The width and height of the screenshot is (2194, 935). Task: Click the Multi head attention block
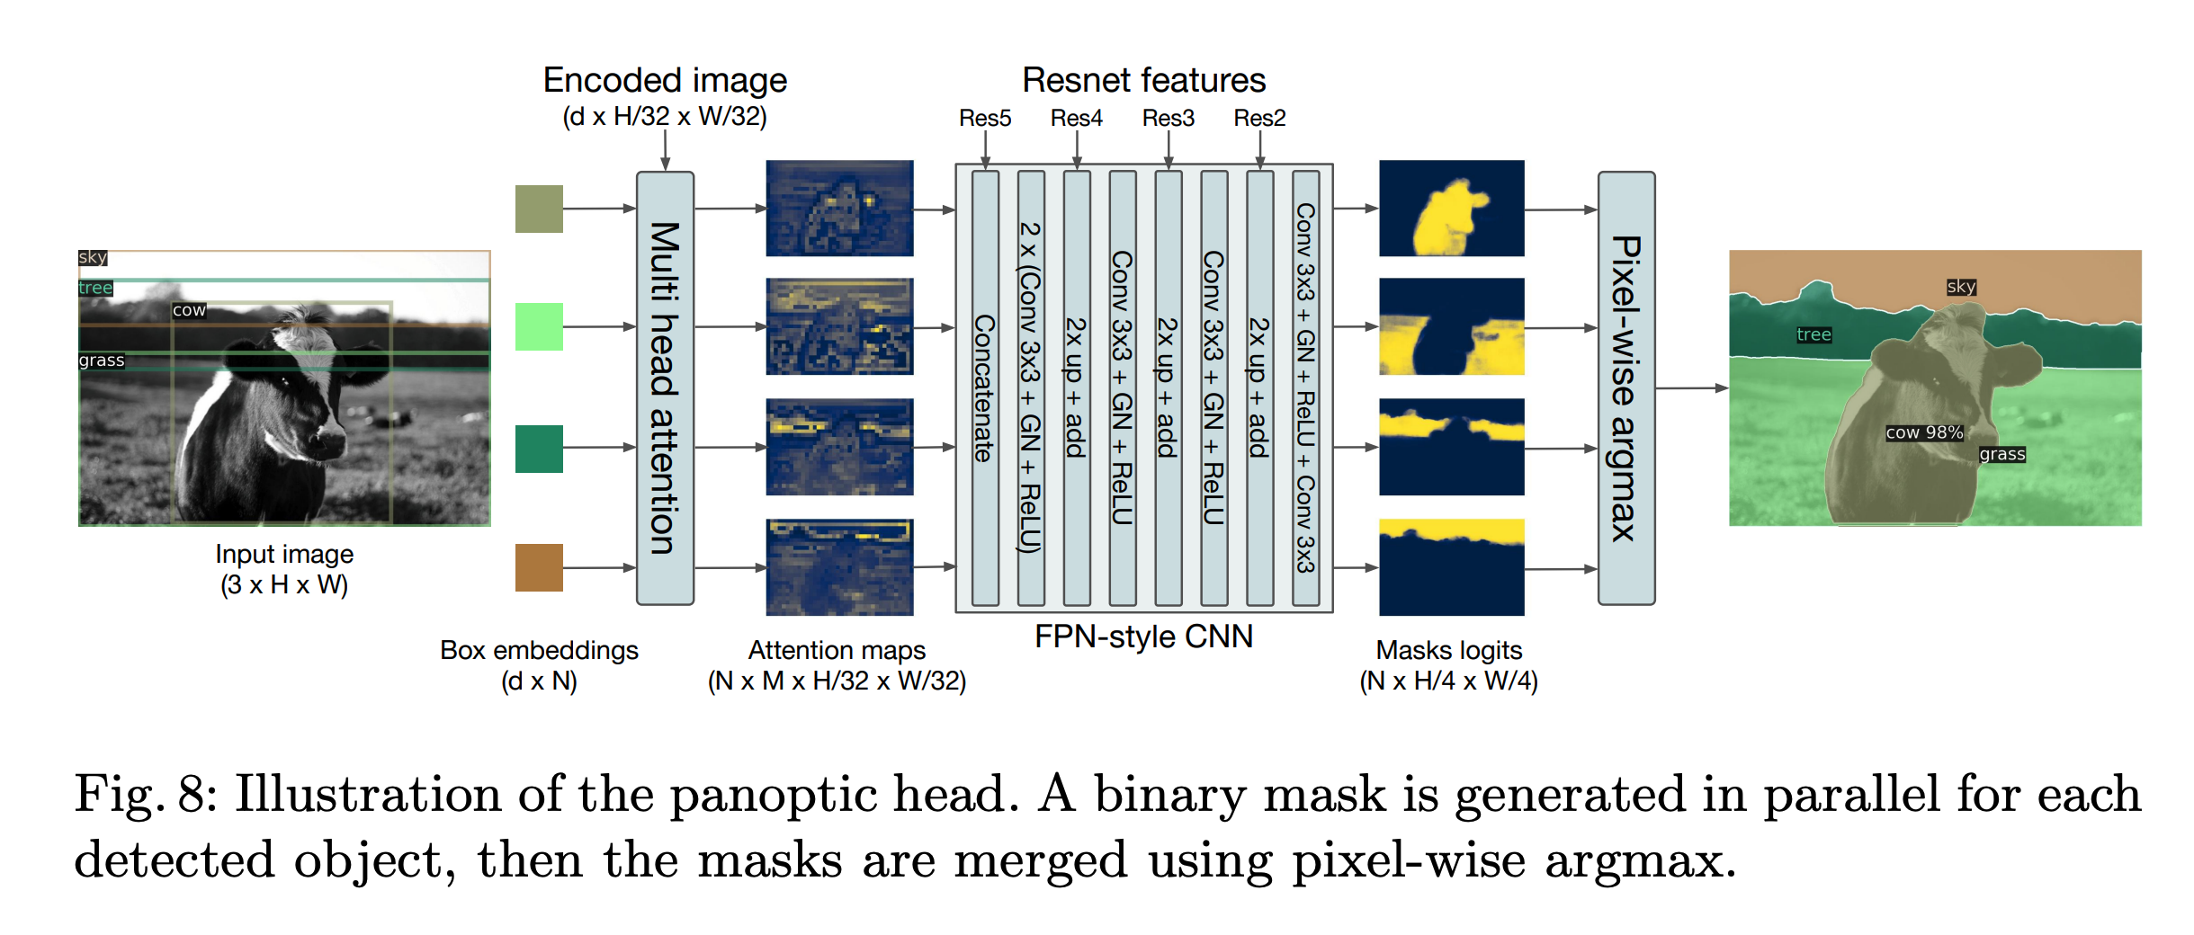tap(665, 387)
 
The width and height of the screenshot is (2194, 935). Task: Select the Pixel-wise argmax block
tap(1625, 387)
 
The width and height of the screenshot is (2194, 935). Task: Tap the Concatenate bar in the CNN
tap(985, 387)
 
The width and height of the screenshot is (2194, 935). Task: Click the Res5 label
tap(984, 118)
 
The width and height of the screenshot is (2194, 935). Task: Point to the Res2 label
tap(1258, 118)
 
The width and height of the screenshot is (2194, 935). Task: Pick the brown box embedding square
tap(539, 567)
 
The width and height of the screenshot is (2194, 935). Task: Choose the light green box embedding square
tap(539, 326)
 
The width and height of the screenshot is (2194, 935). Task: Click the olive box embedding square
tap(539, 209)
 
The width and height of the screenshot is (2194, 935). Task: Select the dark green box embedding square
tap(539, 449)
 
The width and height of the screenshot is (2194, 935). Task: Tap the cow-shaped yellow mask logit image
tap(1451, 209)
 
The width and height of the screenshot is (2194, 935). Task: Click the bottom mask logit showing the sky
tap(1451, 567)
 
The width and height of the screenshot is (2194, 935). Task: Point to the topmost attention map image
tap(839, 209)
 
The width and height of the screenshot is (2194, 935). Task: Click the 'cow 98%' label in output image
tap(1923, 432)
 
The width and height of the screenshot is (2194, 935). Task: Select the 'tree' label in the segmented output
tap(1813, 334)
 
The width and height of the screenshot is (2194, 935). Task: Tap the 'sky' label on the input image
tap(93, 258)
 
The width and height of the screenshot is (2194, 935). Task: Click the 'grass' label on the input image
tap(101, 361)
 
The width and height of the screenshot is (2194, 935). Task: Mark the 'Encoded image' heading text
tap(665, 80)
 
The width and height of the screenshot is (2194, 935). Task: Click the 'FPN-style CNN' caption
tap(1143, 637)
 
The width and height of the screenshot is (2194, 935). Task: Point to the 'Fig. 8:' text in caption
tap(146, 794)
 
